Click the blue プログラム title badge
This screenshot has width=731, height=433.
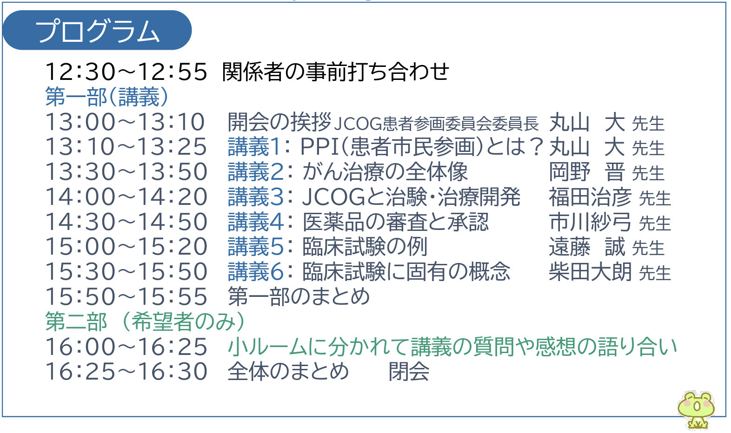point(97,31)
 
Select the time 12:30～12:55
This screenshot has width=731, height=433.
point(126,72)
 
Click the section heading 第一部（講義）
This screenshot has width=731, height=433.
point(106,97)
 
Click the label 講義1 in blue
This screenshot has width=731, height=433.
point(254,147)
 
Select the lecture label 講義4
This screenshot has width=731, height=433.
point(255,222)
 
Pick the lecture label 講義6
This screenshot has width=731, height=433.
point(255,272)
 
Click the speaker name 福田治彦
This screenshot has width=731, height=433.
point(590,197)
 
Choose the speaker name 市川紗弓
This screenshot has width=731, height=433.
point(590,222)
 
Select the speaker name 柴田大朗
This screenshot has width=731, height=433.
point(590,272)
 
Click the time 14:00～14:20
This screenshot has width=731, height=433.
point(126,197)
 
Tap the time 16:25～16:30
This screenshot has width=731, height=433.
point(126,372)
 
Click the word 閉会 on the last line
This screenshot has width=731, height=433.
point(409,372)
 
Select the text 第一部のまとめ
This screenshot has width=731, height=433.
point(299,297)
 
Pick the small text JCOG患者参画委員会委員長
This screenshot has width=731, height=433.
point(436,124)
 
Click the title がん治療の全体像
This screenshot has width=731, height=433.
point(385,172)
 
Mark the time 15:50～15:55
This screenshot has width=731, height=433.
point(126,297)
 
